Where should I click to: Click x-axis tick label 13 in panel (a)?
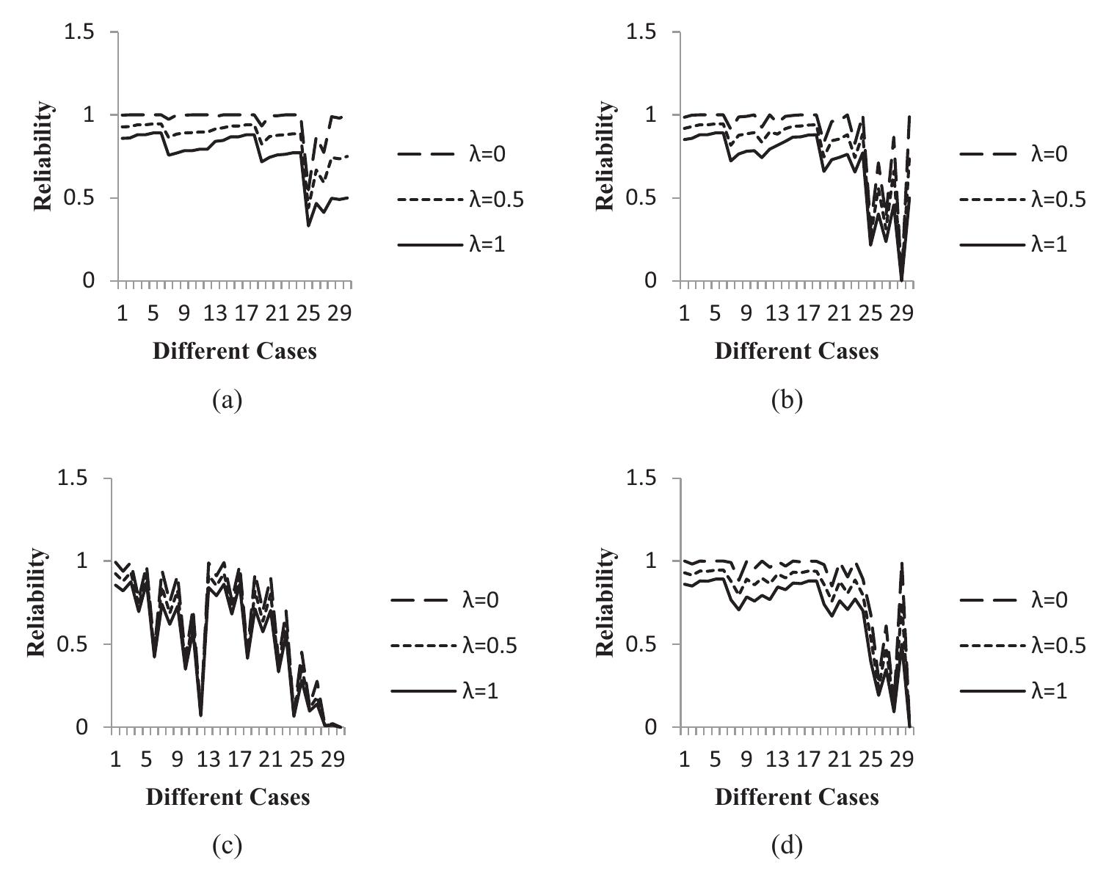click(x=215, y=314)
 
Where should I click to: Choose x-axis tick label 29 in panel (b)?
click(x=901, y=314)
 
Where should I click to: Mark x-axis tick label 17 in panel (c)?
click(x=239, y=760)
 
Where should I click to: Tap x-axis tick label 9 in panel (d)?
click(x=746, y=760)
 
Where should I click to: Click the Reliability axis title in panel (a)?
click(x=44, y=156)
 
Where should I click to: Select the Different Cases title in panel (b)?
click(x=796, y=351)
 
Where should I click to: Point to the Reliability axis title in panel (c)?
click(x=37, y=602)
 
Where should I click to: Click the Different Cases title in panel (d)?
click(x=796, y=797)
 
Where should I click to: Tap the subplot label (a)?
click(x=226, y=401)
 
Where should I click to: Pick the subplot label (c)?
click(x=226, y=847)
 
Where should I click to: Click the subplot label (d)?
click(x=787, y=847)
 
